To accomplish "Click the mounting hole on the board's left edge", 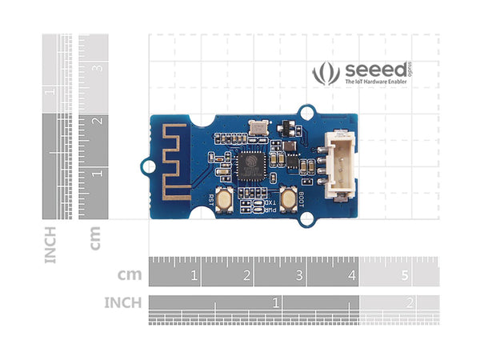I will coord(146,166).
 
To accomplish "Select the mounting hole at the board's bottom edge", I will coord(309,218).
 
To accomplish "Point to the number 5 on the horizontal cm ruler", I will coord(405,276).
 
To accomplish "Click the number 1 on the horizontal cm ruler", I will coord(194,276).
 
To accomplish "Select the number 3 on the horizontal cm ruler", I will coord(299,276).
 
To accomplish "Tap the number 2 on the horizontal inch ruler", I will coord(410,302).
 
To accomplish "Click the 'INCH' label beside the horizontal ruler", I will coord(122,302).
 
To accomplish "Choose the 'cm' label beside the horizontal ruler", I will coord(130,275).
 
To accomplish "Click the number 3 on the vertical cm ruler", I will coord(97,69).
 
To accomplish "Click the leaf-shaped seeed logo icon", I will coord(325,73).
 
